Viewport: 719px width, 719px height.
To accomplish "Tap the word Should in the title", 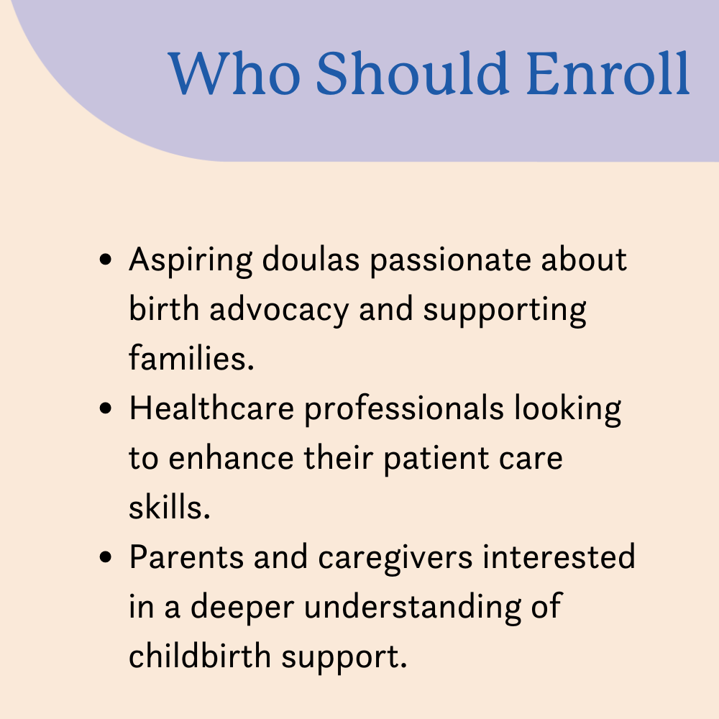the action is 412,73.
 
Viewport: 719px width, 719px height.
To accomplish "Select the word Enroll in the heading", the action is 608,73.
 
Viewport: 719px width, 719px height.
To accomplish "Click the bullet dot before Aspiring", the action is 106,259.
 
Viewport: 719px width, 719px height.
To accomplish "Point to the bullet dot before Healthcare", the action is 106,408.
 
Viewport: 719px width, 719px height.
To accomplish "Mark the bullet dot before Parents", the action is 106,557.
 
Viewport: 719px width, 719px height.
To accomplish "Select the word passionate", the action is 451,262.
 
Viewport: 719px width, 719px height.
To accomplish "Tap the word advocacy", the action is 279,310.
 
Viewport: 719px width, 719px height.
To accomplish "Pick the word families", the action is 191,357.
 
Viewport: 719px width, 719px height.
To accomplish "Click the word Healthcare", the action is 211,408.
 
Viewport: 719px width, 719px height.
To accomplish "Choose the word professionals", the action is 404,410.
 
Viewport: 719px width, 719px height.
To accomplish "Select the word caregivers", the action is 395,559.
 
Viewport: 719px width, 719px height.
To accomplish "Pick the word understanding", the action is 412,608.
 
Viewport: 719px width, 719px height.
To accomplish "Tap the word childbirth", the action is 200,655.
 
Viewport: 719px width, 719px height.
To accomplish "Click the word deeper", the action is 242,608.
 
